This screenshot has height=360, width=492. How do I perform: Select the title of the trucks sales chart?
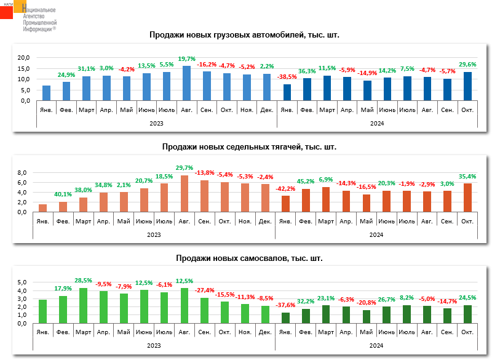point(245,35)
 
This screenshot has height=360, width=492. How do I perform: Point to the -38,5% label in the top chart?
point(287,77)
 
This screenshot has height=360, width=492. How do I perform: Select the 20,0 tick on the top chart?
point(24,58)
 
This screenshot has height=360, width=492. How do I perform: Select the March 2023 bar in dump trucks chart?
point(83,305)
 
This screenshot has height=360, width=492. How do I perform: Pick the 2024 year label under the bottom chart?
point(376,346)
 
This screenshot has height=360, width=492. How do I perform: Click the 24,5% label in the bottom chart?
point(467,298)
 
